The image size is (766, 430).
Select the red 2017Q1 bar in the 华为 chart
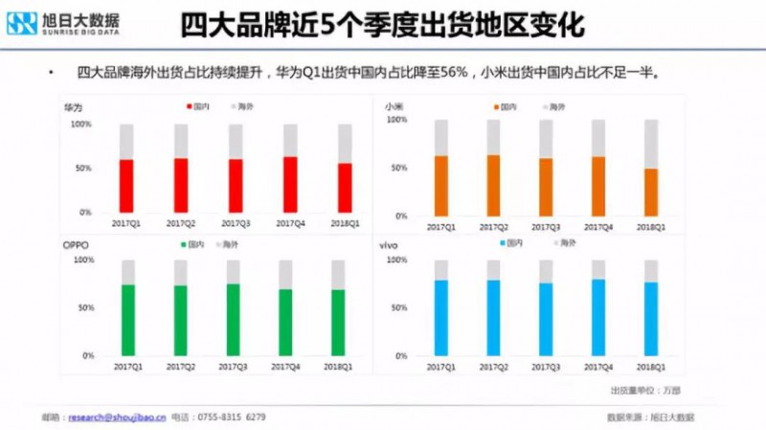pos(126,186)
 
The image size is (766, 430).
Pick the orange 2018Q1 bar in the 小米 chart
pos(650,192)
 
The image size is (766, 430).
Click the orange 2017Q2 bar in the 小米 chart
pos(493,186)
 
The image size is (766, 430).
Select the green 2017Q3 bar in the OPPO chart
pos(234,320)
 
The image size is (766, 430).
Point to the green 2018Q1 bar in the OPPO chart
pos(338,323)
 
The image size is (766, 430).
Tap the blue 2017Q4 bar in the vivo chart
pos(597,317)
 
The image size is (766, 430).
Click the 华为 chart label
pos(73,105)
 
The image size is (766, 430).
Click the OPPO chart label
pos(77,245)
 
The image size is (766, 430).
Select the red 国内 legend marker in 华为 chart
pos(191,106)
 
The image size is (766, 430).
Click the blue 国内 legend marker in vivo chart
pos(500,244)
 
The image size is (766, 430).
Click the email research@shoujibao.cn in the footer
pos(115,418)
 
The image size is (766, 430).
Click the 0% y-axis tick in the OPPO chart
pos(88,355)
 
